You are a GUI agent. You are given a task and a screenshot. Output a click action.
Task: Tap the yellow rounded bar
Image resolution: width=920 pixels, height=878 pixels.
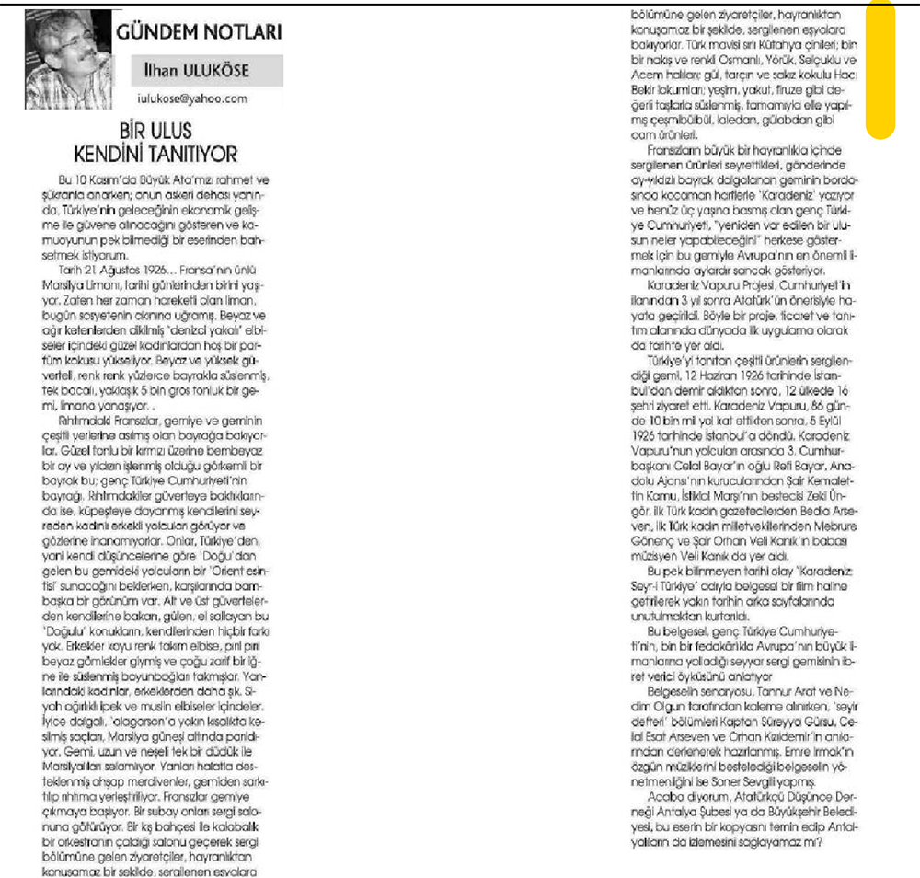click(880, 69)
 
